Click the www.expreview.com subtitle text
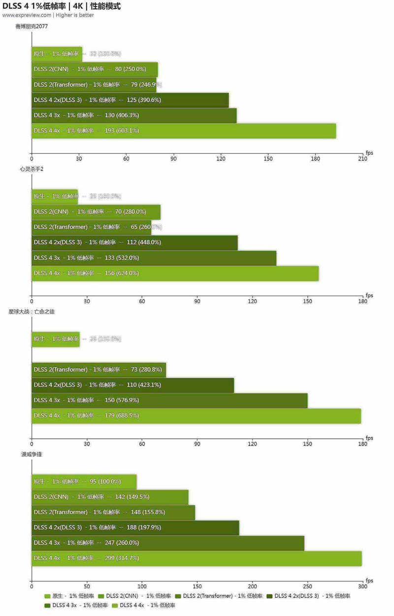coord(48,15)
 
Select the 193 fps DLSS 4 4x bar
coord(183,131)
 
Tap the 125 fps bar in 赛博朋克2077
coord(130,100)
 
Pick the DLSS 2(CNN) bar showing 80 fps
coord(95,69)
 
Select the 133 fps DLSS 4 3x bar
coord(154,258)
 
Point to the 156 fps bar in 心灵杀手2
coord(175,273)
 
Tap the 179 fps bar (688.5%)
coord(196,416)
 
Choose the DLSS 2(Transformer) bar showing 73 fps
coord(98,370)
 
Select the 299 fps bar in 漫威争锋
coord(197,558)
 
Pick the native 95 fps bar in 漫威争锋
coord(84,482)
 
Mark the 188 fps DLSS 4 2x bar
coord(135,528)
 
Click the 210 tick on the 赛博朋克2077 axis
coord(362,159)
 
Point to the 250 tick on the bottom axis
coord(307,587)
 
